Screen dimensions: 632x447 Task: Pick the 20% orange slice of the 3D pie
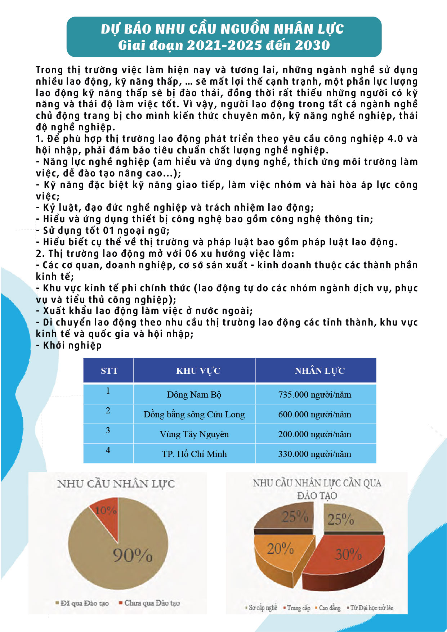(x=281, y=551)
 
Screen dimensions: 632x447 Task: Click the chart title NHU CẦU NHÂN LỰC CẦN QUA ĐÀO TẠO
(x=317, y=489)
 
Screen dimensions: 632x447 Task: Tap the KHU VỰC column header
(x=198, y=371)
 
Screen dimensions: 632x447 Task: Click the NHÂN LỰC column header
(x=319, y=371)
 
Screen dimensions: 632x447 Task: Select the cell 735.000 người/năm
(x=314, y=395)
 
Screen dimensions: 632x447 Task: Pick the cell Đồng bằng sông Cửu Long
(x=194, y=414)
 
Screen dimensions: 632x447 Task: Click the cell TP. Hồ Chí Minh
(x=194, y=454)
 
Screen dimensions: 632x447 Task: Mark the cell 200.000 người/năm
(x=314, y=434)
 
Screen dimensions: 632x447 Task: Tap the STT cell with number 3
(x=108, y=430)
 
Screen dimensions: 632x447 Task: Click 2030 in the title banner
(x=312, y=45)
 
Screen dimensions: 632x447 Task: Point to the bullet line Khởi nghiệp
(x=72, y=345)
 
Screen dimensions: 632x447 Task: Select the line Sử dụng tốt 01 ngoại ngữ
(x=106, y=230)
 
